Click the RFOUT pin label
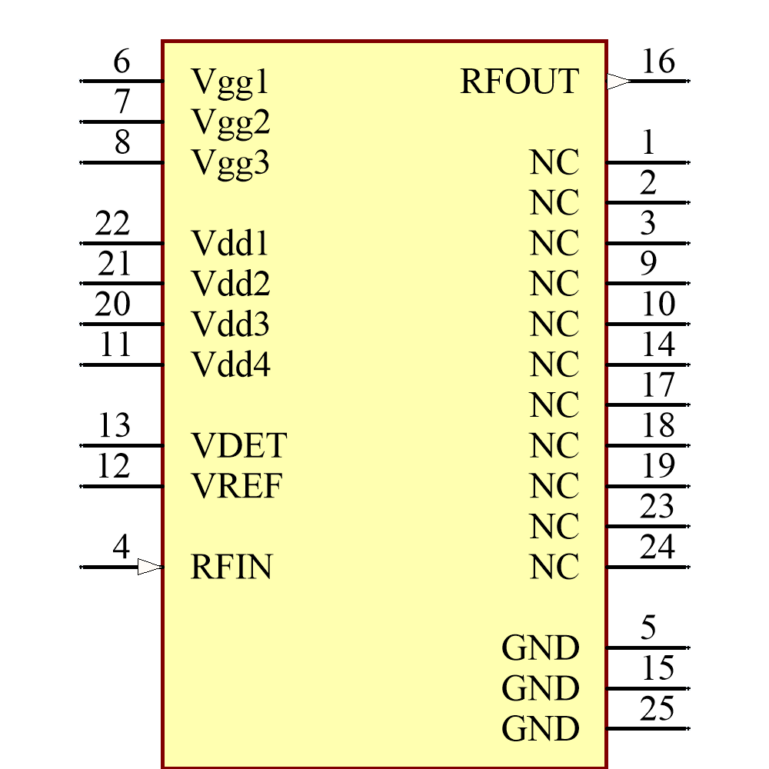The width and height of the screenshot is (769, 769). coord(519,82)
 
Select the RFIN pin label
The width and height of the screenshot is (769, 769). coord(231,568)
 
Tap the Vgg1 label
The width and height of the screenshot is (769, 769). coord(230,82)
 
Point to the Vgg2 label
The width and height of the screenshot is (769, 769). coord(230,122)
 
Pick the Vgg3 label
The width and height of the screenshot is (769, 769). coord(230,163)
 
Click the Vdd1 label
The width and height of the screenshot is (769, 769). coord(230,244)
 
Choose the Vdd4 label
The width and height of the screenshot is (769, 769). coord(231,365)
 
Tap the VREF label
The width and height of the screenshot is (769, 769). coord(236,486)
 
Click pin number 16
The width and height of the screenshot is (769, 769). coord(657,62)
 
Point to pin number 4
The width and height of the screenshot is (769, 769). coord(121,548)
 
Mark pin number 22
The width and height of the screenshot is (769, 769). coord(112,225)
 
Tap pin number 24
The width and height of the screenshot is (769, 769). coord(657,548)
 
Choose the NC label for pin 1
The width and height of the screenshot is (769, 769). coord(554,163)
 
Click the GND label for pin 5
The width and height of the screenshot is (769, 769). coord(540,648)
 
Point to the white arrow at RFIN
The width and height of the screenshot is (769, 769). coord(150,568)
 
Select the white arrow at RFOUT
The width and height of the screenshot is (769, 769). coord(618,81)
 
